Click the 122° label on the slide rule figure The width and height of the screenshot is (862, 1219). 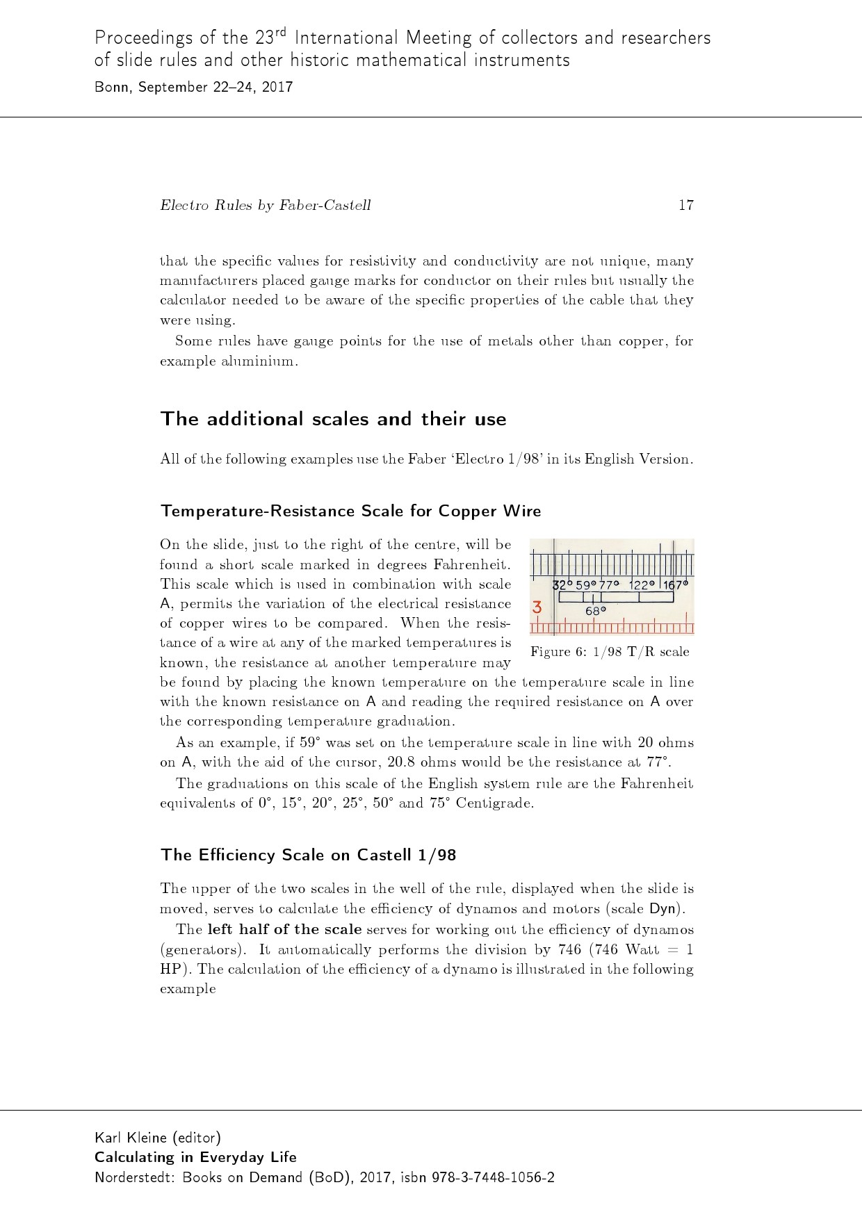coord(642,585)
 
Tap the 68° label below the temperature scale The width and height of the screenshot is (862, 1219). coord(596,612)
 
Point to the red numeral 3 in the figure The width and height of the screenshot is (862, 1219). coord(537,607)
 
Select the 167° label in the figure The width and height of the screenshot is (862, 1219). coord(676,585)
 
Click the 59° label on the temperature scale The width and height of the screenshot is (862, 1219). coord(586,585)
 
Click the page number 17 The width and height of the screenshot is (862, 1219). coord(685,205)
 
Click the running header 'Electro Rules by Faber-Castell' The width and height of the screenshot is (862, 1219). coord(265,205)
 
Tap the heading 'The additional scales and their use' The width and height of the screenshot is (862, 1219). coord(333,419)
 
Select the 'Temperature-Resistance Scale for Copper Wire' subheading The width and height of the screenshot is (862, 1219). coord(350,511)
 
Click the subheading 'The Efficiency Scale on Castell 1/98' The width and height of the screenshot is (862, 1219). coord(308,855)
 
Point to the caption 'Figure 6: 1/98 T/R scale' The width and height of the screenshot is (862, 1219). coord(610,652)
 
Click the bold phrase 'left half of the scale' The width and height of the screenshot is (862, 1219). coord(284,929)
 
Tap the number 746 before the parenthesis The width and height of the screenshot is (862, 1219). coord(570,949)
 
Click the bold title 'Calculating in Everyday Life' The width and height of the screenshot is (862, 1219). coord(195,1157)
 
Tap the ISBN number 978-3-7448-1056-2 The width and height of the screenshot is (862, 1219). coord(493,1177)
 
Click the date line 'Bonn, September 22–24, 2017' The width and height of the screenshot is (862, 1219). coord(193,88)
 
